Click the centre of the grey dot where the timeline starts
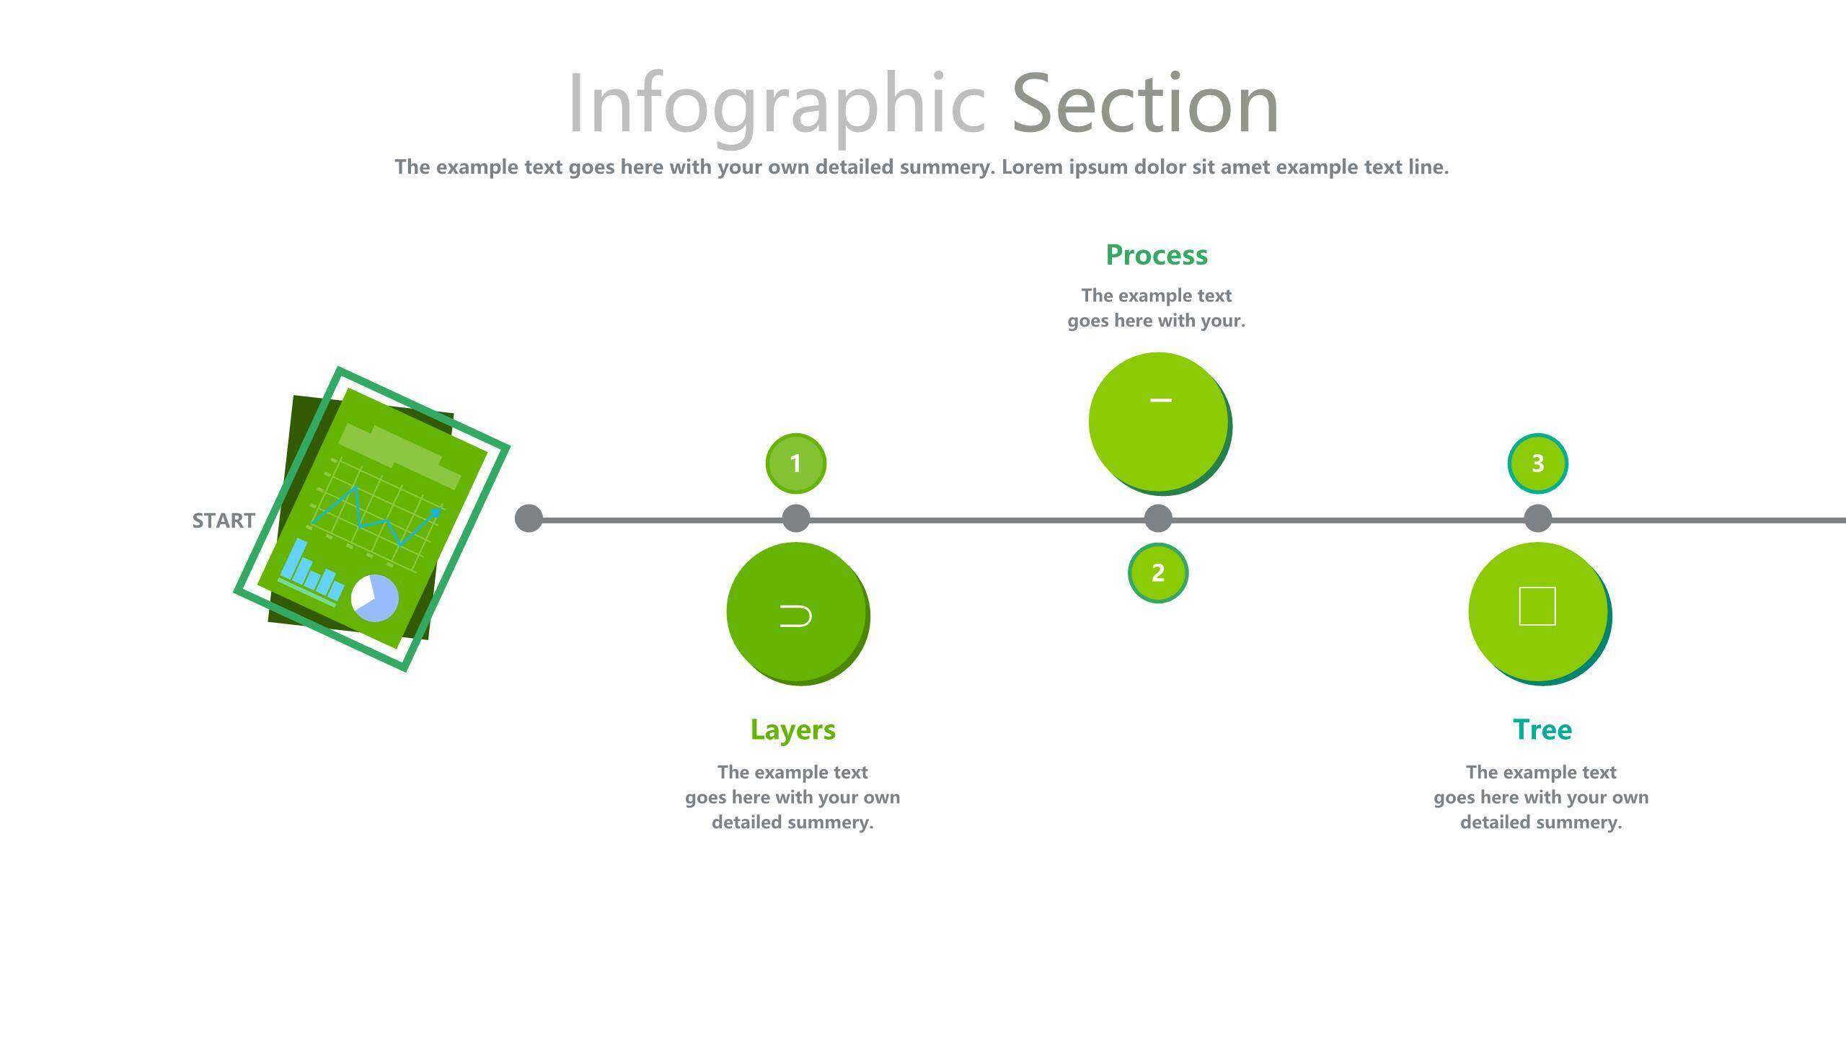click(x=529, y=519)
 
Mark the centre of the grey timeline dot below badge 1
click(x=796, y=519)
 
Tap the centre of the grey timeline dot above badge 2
click(x=1158, y=519)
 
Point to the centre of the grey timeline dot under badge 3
click(x=1538, y=519)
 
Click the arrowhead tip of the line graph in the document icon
click(x=442, y=508)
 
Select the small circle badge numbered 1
click(x=796, y=463)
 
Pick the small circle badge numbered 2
click(x=1158, y=573)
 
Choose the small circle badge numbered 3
click(x=1538, y=463)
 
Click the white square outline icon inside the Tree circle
click(x=1537, y=606)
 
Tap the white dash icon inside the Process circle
click(x=1161, y=400)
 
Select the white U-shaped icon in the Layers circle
click(x=796, y=616)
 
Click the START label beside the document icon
click(x=224, y=520)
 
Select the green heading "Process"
click(x=1157, y=255)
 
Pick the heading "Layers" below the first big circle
click(x=793, y=730)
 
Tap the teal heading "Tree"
click(x=1542, y=730)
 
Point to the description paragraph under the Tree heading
click(x=1542, y=797)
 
